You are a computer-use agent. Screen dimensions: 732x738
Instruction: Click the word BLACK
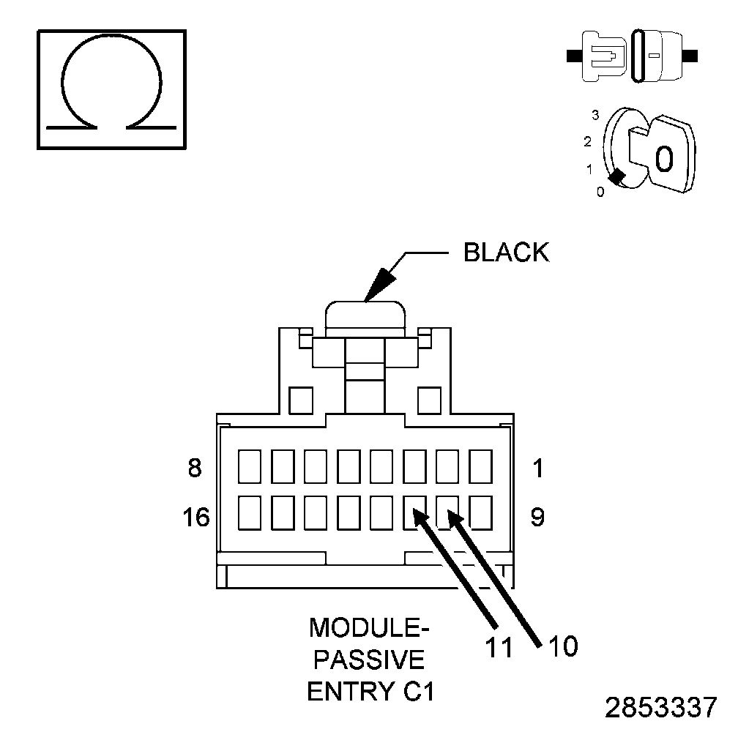click(506, 253)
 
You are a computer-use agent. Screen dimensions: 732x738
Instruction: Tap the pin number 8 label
click(194, 468)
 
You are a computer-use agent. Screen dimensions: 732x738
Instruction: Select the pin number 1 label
click(538, 468)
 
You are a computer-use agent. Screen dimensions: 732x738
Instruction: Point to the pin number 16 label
click(195, 518)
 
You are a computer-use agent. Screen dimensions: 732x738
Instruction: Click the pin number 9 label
click(537, 518)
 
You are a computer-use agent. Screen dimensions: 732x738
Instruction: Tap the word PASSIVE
click(369, 660)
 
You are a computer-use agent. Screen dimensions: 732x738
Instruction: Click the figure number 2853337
click(661, 708)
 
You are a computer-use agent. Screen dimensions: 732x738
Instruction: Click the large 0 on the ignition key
click(663, 158)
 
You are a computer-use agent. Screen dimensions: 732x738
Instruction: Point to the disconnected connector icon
click(633, 55)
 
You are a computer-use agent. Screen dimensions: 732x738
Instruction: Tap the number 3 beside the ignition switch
click(596, 116)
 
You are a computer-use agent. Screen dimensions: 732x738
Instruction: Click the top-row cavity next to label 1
click(480, 466)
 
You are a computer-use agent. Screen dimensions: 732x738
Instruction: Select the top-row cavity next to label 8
click(250, 466)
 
